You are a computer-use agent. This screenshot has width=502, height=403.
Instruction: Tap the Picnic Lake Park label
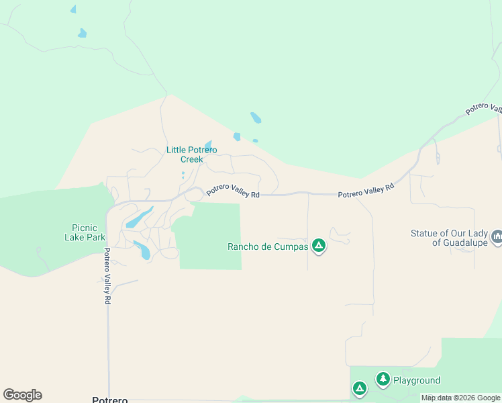85,232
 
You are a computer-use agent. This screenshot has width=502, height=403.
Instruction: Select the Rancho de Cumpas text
268,247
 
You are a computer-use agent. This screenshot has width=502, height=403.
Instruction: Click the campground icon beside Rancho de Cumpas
319,246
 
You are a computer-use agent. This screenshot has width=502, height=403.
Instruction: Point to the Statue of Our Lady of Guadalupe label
449,238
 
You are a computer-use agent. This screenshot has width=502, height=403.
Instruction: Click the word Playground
417,381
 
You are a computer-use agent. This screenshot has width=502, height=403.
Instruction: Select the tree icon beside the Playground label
383,379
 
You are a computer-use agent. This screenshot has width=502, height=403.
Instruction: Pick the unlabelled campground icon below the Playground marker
360,388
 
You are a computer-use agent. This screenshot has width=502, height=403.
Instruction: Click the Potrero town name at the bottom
109,400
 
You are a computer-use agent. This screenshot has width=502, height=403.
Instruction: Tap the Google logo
22,395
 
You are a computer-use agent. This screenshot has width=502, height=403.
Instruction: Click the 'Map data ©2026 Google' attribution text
460,398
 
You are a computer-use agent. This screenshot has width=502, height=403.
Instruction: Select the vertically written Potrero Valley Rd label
106,276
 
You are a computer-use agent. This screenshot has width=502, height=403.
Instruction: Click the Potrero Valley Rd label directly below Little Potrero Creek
232,191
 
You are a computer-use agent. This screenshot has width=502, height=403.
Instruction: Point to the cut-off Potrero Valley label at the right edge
485,109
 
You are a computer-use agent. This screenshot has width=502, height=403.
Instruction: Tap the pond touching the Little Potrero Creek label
208,145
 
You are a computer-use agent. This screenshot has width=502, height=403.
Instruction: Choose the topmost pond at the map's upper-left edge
73,9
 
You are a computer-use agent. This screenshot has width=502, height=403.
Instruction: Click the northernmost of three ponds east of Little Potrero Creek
256,118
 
